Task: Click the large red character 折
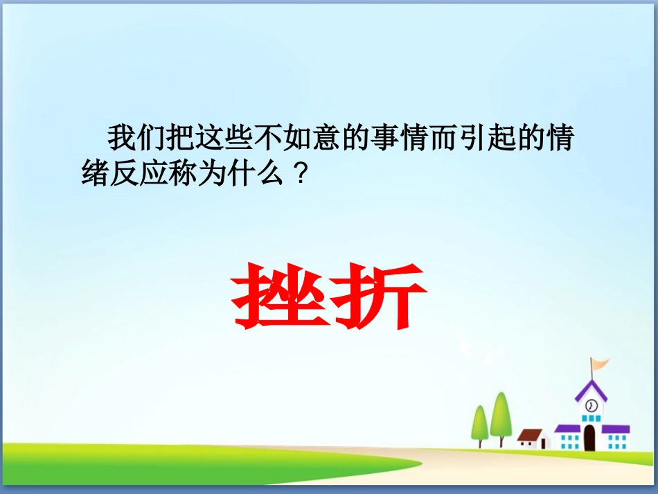pyautogui.click(x=379, y=297)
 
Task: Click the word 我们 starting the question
pyautogui.click(x=136, y=139)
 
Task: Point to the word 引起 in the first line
pyautogui.click(x=494, y=139)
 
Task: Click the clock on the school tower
pyautogui.click(x=591, y=405)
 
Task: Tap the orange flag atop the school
pyautogui.click(x=599, y=364)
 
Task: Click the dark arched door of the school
pyautogui.click(x=589, y=438)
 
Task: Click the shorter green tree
pyautogui.click(x=480, y=424)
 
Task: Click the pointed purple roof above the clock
pyautogui.click(x=591, y=389)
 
